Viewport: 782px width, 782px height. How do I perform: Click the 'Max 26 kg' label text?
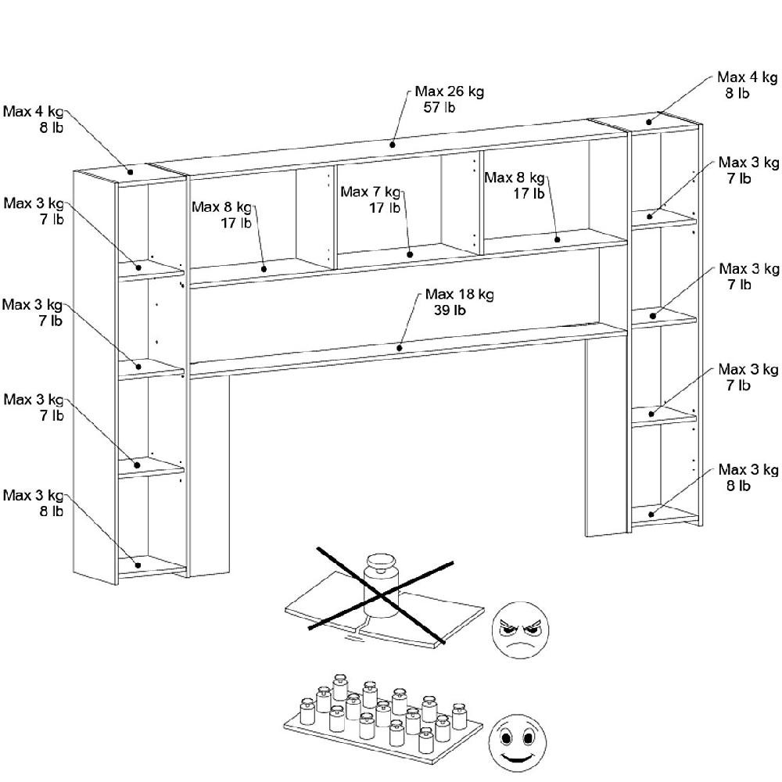pyautogui.click(x=449, y=91)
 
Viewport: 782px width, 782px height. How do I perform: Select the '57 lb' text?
pyautogui.click(x=439, y=108)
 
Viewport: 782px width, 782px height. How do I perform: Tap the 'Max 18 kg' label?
pyautogui.click(x=459, y=295)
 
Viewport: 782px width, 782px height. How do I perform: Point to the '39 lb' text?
pyautogui.click(x=450, y=310)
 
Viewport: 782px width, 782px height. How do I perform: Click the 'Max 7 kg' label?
pyautogui.click(x=370, y=192)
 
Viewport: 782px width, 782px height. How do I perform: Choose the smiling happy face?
pyautogui.click(x=517, y=737)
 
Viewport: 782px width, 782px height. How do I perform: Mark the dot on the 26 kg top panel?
pyautogui.click(x=393, y=144)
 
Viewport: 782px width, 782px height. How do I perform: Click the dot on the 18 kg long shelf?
pyautogui.click(x=400, y=347)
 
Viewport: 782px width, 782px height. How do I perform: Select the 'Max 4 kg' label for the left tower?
pyautogui.click(x=33, y=111)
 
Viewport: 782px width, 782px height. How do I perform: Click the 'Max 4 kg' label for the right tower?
pyautogui.click(x=748, y=77)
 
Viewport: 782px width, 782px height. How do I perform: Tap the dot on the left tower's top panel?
pyautogui.click(x=131, y=172)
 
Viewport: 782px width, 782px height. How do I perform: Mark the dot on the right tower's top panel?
pyautogui.click(x=649, y=122)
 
